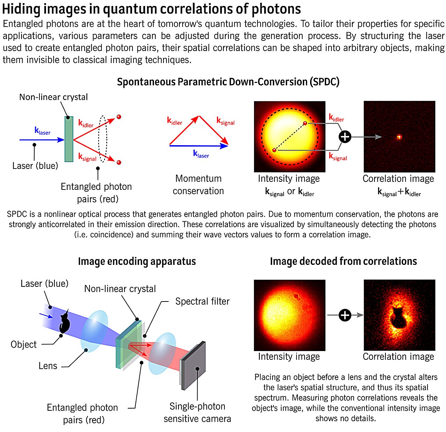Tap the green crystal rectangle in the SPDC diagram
(x=69, y=139)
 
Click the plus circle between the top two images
(x=345, y=137)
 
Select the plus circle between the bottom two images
(x=345, y=315)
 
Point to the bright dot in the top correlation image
(x=399, y=137)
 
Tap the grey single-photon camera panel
(x=193, y=365)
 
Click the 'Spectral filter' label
(x=202, y=301)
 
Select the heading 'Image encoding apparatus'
(x=137, y=261)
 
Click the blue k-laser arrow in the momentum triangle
(x=199, y=146)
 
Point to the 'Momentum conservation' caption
(x=198, y=185)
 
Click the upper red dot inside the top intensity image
(x=305, y=123)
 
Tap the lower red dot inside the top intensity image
(x=274, y=150)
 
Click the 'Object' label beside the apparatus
(x=24, y=344)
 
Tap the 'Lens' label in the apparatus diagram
(x=48, y=366)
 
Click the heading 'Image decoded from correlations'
(x=343, y=261)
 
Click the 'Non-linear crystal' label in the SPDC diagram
(x=53, y=97)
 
